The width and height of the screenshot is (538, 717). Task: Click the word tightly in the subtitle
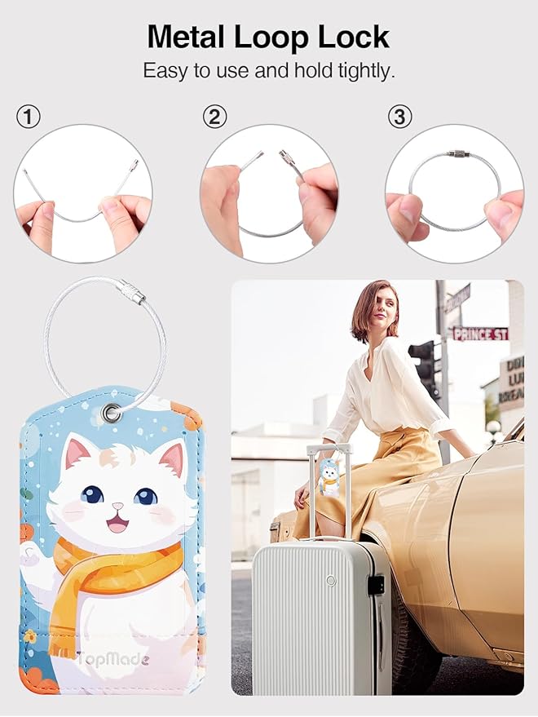click(x=364, y=71)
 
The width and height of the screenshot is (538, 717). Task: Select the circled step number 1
click(x=29, y=117)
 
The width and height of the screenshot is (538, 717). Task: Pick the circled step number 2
click(x=214, y=117)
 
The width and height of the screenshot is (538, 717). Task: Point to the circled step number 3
click(x=399, y=117)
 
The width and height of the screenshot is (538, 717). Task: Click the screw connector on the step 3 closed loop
click(x=457, y=153)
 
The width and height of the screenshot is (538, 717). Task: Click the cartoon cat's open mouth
click(x=118, y=523)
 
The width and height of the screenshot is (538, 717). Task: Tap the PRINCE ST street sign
click(x=480, y=334)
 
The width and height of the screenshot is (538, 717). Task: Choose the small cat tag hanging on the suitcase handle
click(x=329, y=477)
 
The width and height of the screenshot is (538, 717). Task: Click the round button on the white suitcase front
click(x=330, y=580)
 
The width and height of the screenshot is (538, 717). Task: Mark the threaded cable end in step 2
click(x=290, y=162)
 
